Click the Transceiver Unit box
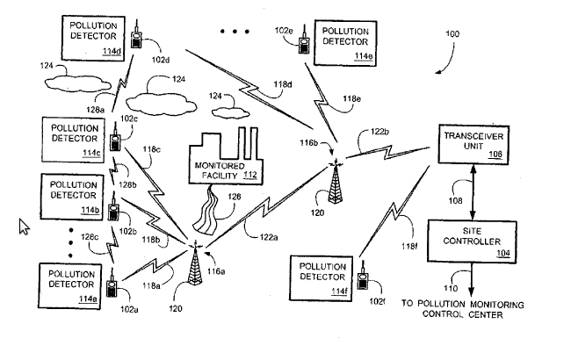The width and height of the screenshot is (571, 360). click(474, 147)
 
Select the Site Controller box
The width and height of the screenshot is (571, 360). click(474, 241)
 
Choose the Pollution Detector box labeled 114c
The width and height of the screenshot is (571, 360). click(73, 140)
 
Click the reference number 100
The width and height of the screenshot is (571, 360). click(452, 34)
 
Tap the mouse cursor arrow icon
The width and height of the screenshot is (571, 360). click(25, 227)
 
